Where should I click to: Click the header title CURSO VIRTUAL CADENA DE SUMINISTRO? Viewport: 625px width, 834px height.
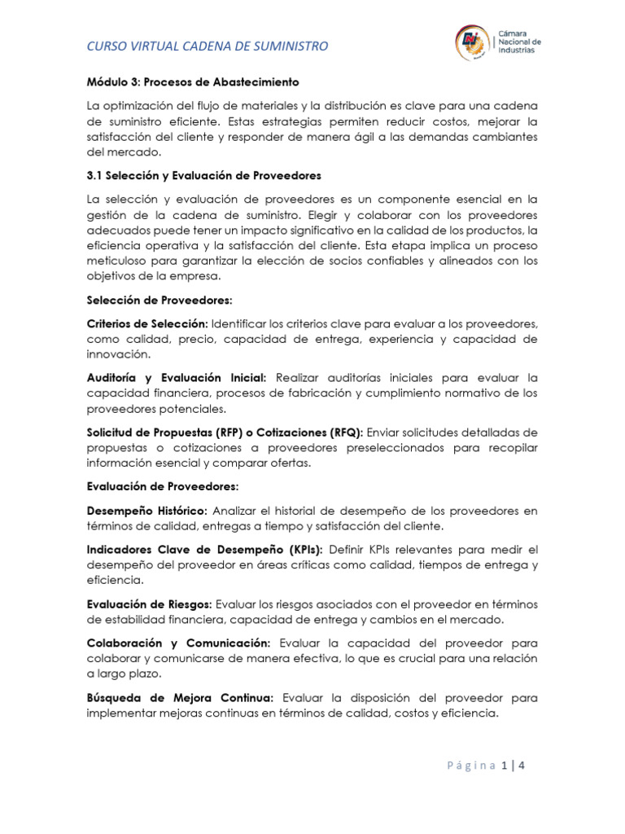coord(208,46)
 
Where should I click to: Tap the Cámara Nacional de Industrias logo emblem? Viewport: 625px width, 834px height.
coord(471,42)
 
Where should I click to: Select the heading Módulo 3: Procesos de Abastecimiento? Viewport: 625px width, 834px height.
coord(193,82)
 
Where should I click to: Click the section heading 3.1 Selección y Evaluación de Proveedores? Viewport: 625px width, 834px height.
coord(203,175)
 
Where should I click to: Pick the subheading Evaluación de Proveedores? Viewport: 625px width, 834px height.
coord(162,486)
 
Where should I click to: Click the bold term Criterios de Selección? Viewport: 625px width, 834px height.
coord(147,323)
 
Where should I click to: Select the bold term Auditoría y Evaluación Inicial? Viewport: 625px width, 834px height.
coord(177,378)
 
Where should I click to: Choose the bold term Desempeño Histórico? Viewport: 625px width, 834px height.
coord(147,511)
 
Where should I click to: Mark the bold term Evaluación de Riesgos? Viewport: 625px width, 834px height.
coord(149,603)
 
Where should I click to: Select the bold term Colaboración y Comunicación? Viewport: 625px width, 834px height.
coord(179,642)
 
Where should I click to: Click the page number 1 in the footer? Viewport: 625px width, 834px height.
coord(505,766)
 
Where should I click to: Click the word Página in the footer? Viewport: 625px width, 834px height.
coord(472,766)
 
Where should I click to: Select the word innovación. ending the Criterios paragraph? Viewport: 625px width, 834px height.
coord(118,354)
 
